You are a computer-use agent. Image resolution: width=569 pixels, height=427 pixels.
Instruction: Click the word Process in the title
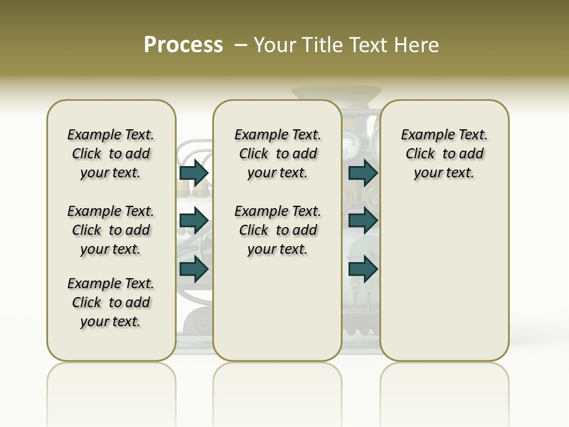click(x=183, y=45)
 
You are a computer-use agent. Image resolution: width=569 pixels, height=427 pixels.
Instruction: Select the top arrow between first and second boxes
click(x=194, y=173)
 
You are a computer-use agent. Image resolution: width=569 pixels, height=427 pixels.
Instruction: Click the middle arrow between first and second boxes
click(x=194, y=221)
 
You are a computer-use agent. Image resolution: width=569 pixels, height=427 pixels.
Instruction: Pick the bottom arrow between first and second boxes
click(x=194, y=269)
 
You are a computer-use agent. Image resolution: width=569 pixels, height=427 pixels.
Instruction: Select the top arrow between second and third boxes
click(x=363, y=173)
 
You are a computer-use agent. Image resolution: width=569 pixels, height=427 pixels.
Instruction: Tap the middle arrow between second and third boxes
click(x=363, y=221)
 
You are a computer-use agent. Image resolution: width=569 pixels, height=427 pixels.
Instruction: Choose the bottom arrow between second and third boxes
click(x=363, y=269)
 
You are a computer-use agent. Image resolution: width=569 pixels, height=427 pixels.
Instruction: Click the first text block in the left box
click(x=111, y=154)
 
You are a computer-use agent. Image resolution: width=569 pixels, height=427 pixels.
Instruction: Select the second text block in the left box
click(x=111, y=230)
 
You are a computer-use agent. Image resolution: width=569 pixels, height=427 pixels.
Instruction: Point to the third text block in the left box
click(x=111, y=302)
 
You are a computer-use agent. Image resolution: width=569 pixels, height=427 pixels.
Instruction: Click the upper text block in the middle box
click(x=277, y=154)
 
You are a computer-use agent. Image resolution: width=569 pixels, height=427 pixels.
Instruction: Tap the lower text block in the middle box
click(x=277, y=230)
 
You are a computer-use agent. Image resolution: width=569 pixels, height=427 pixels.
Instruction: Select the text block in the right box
click(x=444, y=154)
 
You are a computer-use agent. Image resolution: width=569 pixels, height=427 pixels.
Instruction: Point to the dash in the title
click(x=240, y=45)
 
